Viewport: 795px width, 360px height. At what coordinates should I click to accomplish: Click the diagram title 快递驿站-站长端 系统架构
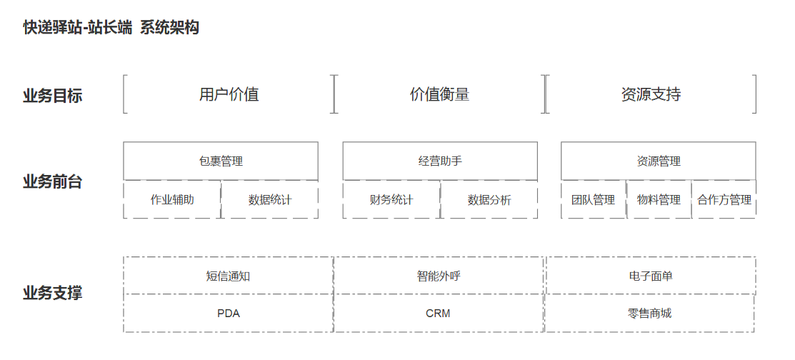(111, 28)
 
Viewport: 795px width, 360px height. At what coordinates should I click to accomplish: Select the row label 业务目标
(52, 96)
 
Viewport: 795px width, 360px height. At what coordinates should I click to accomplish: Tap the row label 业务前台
(52, 181)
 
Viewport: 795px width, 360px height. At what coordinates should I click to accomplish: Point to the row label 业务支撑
(52, 293)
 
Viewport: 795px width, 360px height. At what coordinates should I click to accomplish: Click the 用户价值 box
(229, 94)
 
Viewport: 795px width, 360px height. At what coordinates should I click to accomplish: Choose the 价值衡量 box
(439, 94)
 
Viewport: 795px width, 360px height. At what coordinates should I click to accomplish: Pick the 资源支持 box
(651, 94)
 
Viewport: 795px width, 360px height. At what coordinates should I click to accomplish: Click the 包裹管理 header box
(221, 161)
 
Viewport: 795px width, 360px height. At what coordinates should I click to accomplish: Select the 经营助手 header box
(440, 161)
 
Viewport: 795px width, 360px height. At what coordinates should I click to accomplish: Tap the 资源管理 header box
(658, 161)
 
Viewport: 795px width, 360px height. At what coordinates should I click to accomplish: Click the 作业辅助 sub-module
(172, 199)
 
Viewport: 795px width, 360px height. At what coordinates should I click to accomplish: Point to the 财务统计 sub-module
(391, 199)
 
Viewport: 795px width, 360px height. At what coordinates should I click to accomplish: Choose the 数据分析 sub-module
(489, 199)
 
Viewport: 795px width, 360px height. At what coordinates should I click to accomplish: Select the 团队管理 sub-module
(593, 199)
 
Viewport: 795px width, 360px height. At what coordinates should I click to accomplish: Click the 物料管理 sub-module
(659, 199)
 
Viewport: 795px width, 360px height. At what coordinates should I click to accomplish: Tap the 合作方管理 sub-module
(724, 199)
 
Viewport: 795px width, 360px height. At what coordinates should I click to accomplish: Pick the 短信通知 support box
(228, 276)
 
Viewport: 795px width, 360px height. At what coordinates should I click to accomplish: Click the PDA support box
(228, 313)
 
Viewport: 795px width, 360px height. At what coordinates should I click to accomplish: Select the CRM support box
(438, 313)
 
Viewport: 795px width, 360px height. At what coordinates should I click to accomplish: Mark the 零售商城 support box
(649, 313)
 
